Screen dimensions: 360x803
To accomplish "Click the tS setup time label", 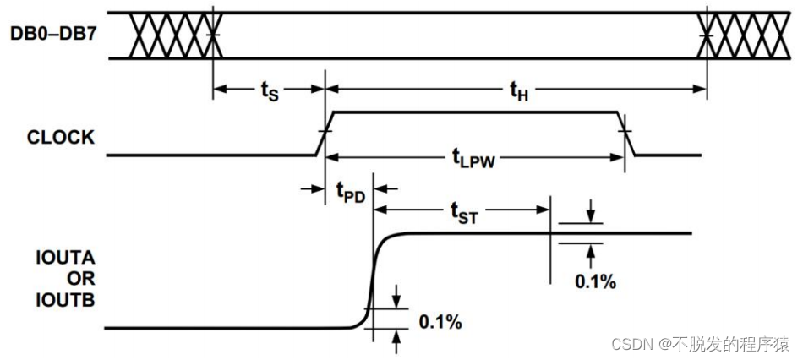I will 270,91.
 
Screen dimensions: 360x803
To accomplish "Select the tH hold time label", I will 518,91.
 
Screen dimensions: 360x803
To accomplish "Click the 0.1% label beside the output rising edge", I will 440,321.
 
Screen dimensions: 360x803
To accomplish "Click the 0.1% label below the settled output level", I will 595,281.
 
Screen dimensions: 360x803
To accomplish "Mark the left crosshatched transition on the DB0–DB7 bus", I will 173,35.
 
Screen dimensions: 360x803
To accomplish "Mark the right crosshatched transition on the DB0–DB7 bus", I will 729,35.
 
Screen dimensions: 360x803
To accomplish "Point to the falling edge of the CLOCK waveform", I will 626,134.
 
